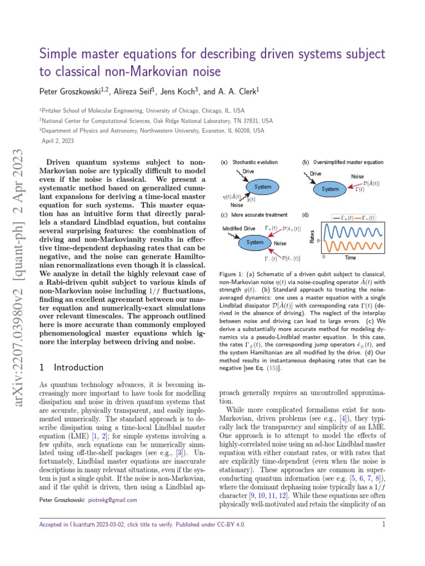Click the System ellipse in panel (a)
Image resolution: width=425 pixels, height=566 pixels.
(x=262, y=187)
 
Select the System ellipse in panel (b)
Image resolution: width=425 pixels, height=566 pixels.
(x=330, y=189)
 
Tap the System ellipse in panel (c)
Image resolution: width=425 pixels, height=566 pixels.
(x=255, y=242)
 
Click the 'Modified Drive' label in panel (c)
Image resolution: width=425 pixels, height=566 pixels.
(x=239, y=228)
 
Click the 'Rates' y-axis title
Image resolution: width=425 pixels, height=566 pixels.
(x=313, y=237)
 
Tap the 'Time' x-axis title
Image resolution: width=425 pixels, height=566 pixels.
(x=350, y=258)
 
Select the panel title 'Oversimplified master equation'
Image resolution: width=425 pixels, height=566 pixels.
(x=348, y=163)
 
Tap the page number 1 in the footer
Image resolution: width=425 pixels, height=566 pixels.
(x=383, y=525)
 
